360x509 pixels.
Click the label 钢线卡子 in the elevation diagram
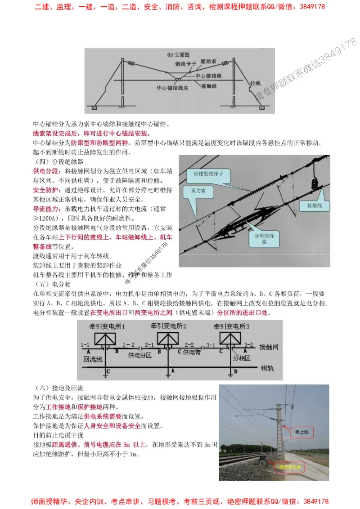point(185,64)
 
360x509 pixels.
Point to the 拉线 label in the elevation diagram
point(256,83)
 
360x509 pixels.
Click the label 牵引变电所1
point(105,325)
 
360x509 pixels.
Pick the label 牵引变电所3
point(232,325)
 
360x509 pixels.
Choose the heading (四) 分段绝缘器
point(58,161)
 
